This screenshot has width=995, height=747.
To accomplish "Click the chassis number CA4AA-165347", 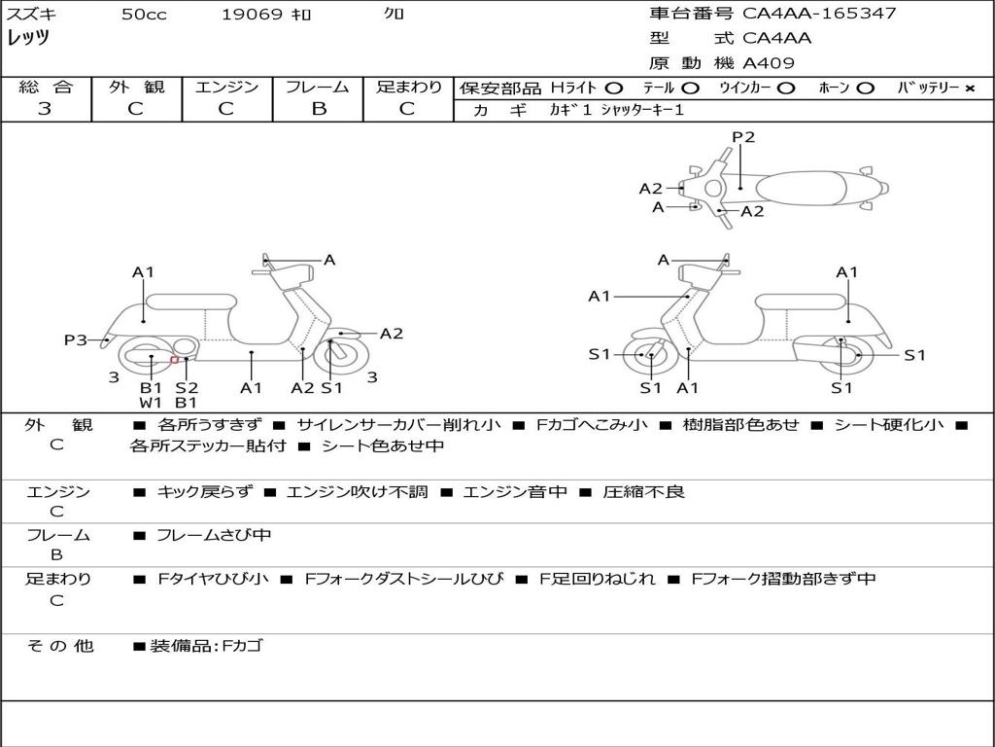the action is point(819,14).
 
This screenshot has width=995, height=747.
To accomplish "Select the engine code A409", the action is point(769,63).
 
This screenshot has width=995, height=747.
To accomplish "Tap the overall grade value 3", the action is point(45,109).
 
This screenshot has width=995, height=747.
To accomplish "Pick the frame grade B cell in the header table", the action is point(318,109).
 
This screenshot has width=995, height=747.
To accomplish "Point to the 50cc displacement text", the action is point(144,15).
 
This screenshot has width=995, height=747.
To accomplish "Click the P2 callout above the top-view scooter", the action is point(743,137).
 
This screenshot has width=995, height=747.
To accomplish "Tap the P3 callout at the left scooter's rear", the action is point(76,339).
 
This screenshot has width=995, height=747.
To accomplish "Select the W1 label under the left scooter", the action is point(151,402).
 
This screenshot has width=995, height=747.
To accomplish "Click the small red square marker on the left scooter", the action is point(174,360).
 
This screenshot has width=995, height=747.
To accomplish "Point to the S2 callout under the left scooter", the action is point(187,388).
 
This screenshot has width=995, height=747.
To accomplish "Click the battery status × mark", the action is point(969,89).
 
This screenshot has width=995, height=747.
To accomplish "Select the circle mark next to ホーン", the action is point(865,89).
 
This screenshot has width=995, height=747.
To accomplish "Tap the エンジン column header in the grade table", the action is point(226,88).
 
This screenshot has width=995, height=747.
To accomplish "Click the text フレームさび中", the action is point(214,535).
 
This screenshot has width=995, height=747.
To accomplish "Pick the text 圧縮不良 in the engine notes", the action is point(643,492).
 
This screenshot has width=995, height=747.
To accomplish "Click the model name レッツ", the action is point(29,38).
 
